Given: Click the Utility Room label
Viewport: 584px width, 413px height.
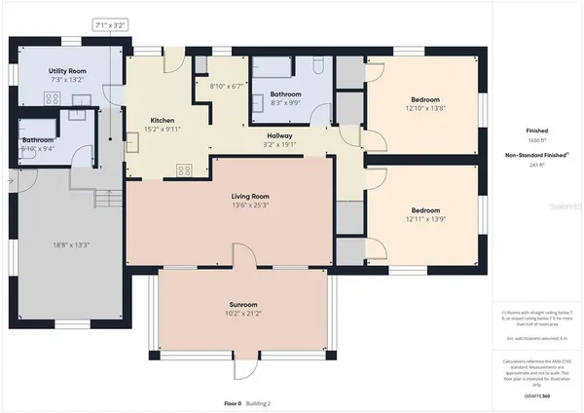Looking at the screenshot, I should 68,71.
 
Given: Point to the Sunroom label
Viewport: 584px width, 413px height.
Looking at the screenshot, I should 243,305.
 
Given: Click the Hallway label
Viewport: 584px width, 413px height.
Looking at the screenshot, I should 280,135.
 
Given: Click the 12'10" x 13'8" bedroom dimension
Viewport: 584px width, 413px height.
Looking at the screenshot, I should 424,108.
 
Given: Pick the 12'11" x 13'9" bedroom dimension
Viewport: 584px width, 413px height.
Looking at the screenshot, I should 424,219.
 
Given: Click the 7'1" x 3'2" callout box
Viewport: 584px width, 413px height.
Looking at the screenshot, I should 110,24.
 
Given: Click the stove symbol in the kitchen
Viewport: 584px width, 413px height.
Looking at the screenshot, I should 184,169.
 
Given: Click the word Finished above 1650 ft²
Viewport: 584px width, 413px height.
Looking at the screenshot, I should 537,130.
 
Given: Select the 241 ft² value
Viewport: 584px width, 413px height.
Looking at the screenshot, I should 537,165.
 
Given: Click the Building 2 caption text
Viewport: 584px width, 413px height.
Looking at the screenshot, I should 257,402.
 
